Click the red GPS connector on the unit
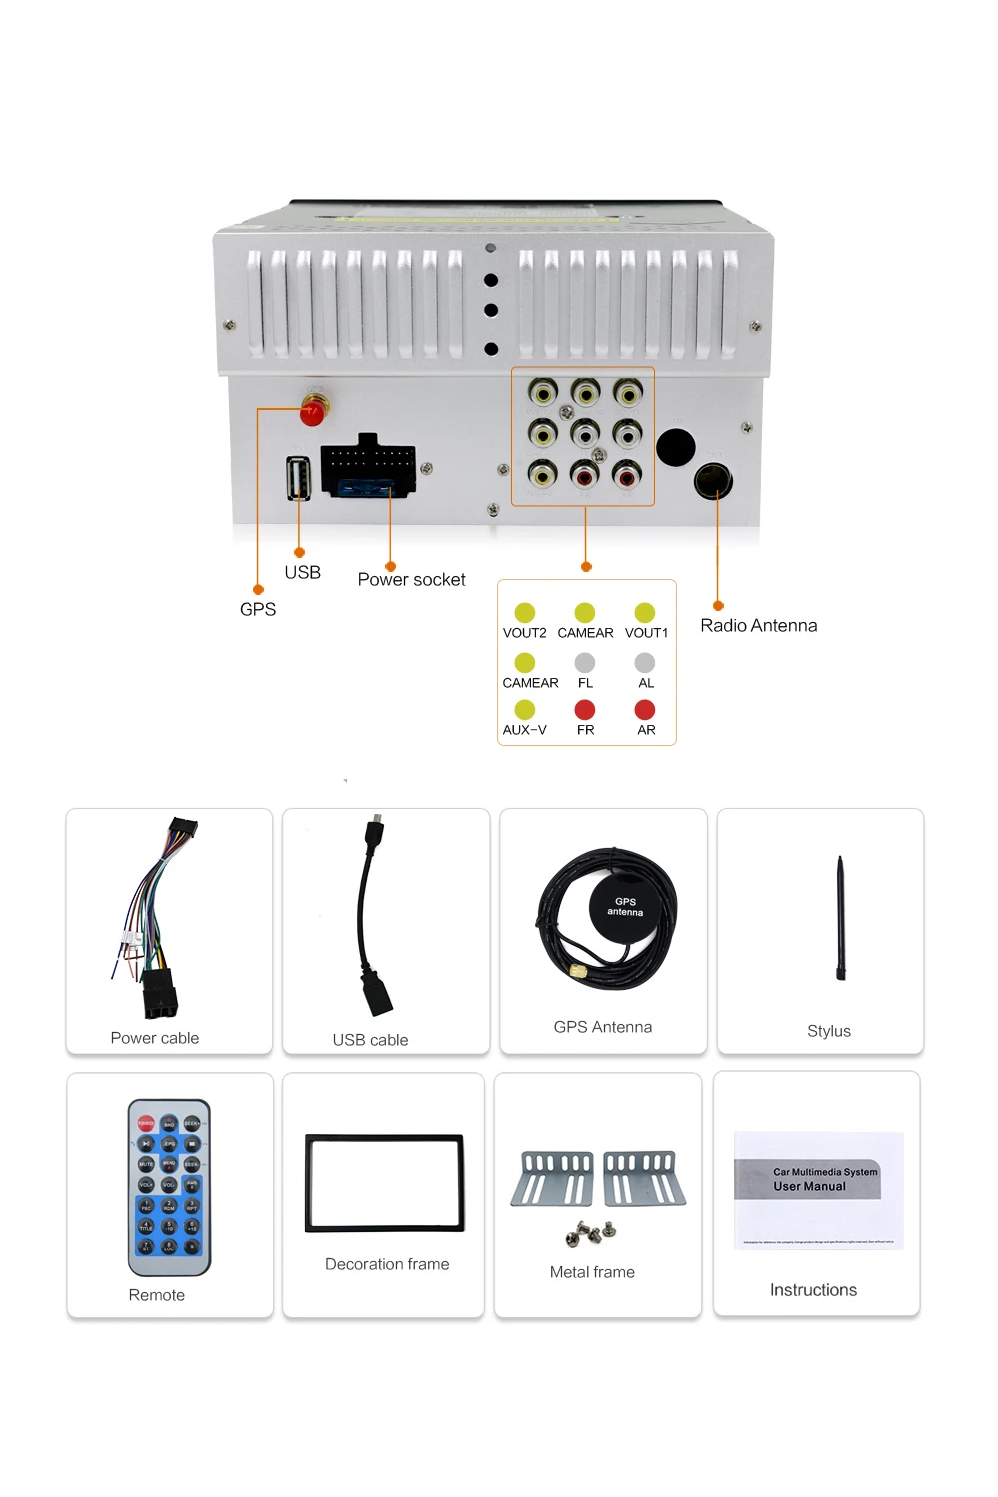click(314, 410)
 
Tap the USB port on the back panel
click(298, 477)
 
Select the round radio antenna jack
click(713, 481)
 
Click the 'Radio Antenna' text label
click(758, 626)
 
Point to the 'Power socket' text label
click(411, 580)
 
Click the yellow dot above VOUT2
click(525, 612)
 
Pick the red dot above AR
click(645, 710)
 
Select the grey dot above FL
click(585, 662)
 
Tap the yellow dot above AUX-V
click(525, 710)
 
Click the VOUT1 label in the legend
click(646, 633)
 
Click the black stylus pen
click(841, 918)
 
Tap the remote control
click(169, 1188)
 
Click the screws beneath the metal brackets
click(590, 1234)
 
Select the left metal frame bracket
click(553, 1179)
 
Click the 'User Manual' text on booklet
click(809, 1187)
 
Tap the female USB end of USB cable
click(379, 993)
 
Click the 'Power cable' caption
click(155, 1038)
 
